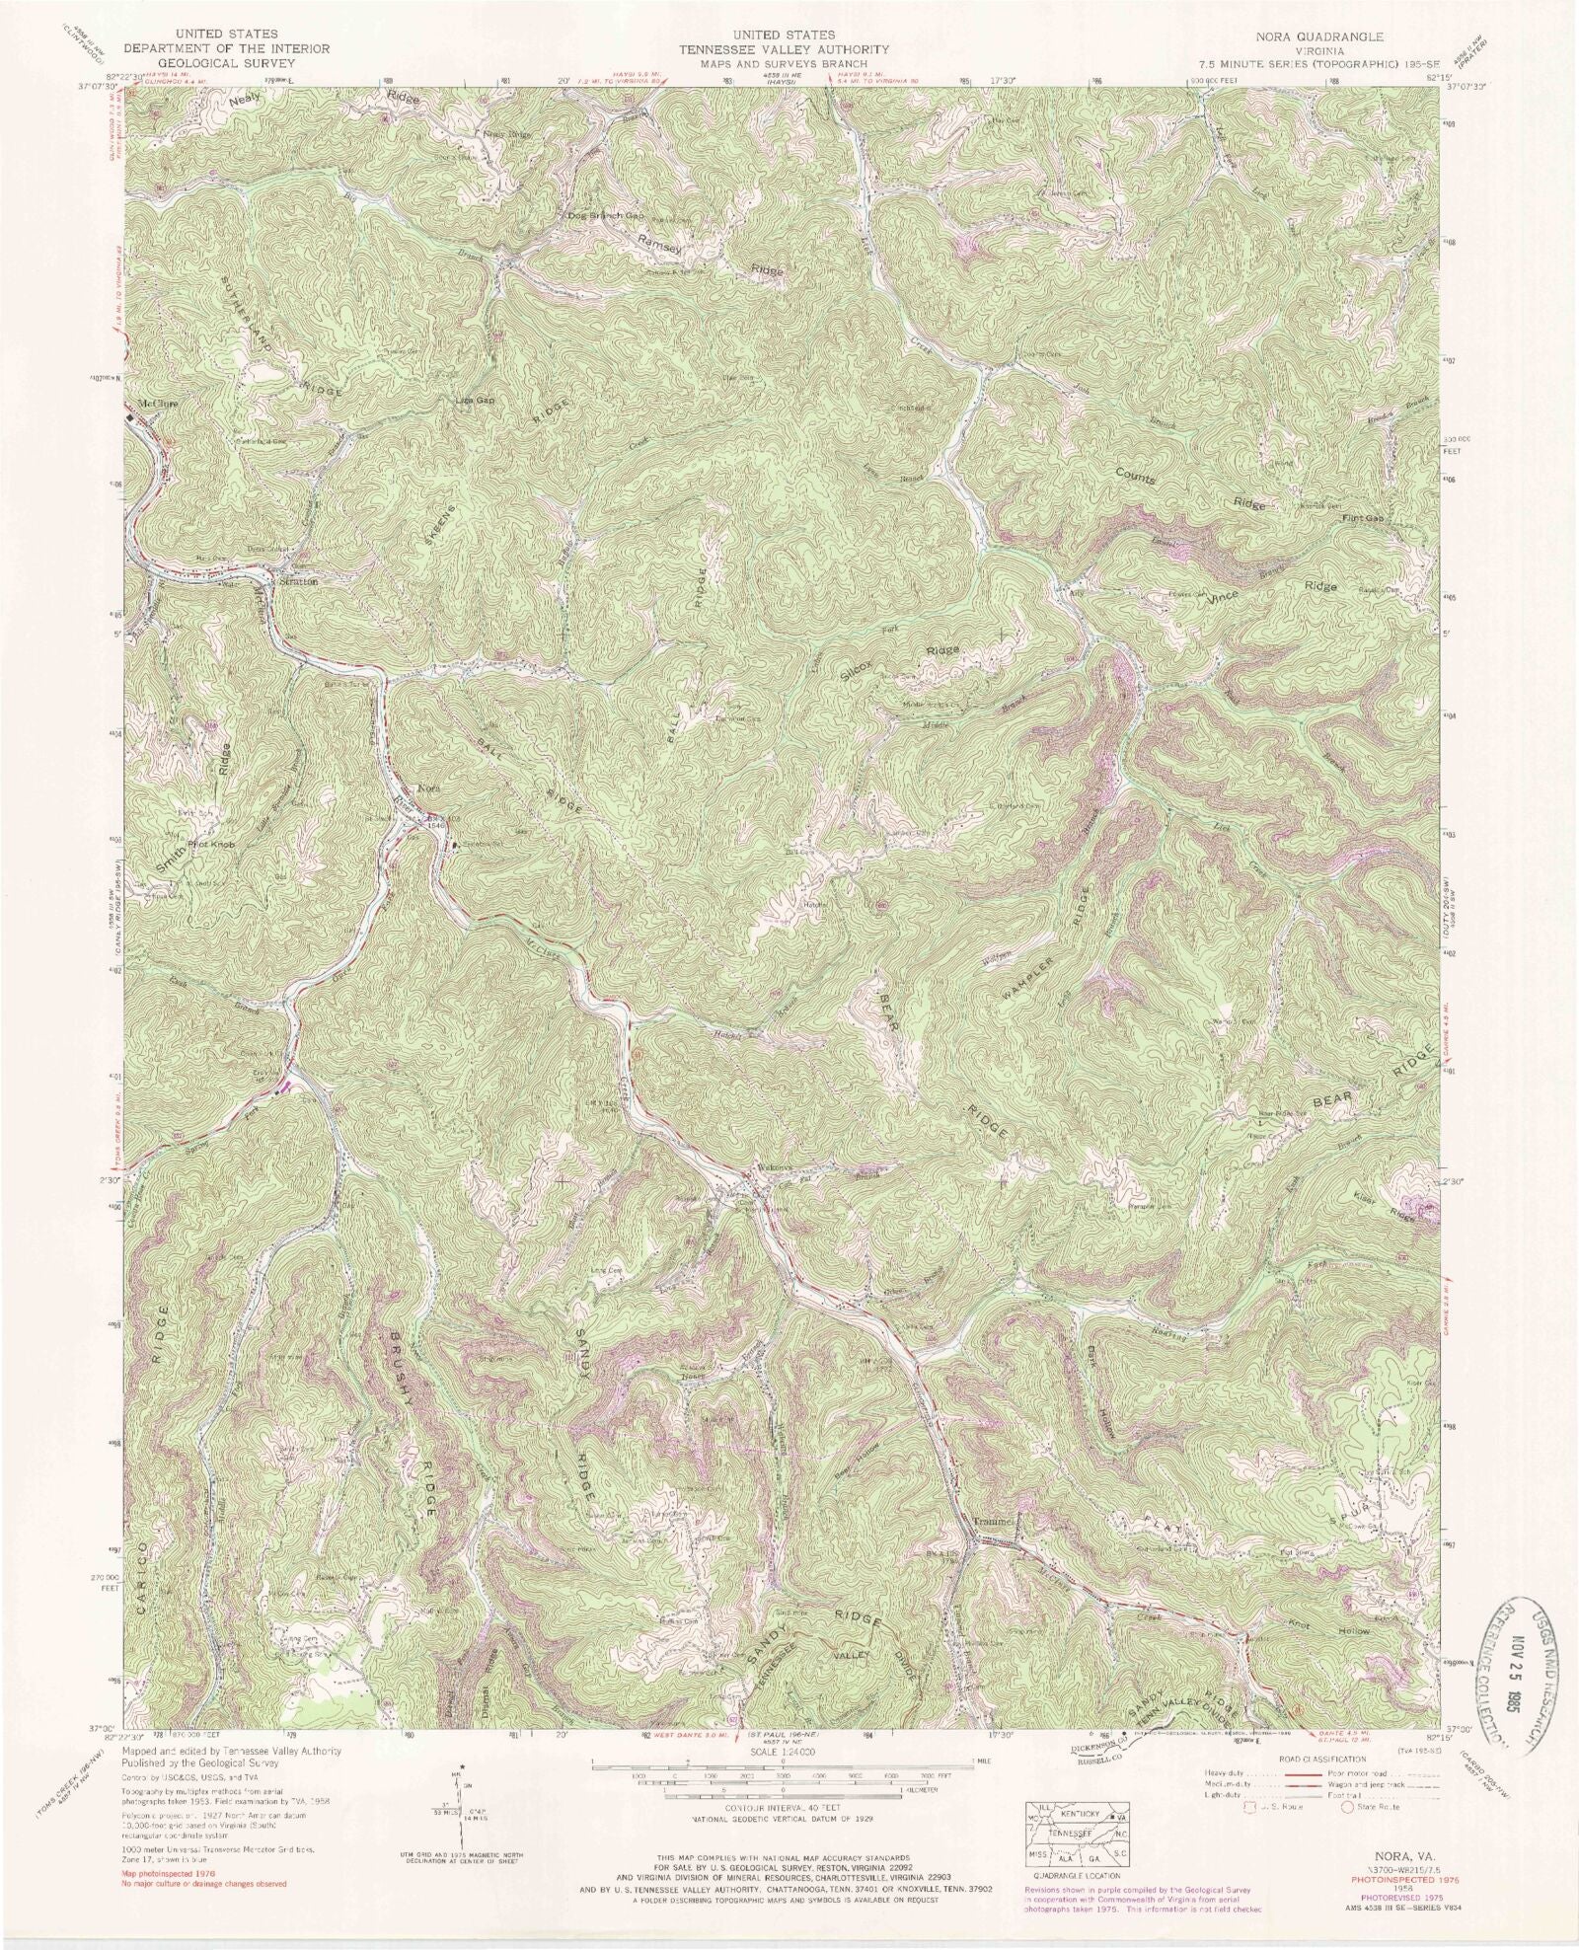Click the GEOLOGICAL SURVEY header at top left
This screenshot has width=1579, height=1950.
(223, 61)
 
